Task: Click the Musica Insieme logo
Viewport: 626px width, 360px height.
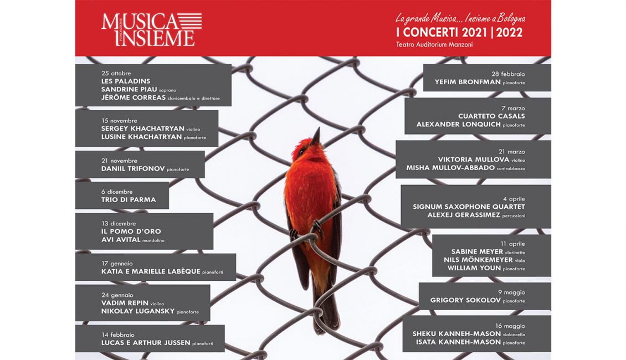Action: pyautogui.click(x=152, y=29)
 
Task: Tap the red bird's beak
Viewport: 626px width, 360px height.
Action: pyautogui.click(x=316, y=136)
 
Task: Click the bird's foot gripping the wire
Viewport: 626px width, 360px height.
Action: pyautogui.click(x=317, y=228)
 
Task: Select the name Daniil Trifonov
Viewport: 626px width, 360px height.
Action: pyautogui.click(x=133, y=169)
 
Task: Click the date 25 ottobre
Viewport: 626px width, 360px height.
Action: pyautogui.click(x=116, y=74)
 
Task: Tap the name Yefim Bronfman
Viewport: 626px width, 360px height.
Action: pyautogui.click(x=468, y=82)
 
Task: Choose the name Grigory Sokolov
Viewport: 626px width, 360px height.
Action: pyautogui.click(x=465, y=300)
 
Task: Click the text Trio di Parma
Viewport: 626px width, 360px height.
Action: pyautogui.click(x=129, y=199)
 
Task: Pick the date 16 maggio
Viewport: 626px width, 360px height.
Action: pyautogui.click(x=510, y=326)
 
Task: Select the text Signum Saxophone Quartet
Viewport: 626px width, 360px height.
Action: pyautogui.click(x=469, y=207)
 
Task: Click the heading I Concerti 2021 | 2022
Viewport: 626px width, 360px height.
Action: pyautogui.click(x=459, y=32)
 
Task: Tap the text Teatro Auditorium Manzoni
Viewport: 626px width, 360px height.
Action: pyautogui.click(x=434, y=45)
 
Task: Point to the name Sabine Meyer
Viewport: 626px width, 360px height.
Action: pyautogui.click(x=477, y=252)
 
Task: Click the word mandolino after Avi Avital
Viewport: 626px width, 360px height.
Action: pyautogui.click(x=153, y=241)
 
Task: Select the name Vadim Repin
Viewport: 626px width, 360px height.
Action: pyautogui.click(x=125, y=303)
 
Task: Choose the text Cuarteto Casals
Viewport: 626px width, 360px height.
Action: pyautogui.click(x=491, y=116)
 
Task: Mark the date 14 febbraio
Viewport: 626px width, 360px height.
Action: pyautogui.click(x=118, y=335)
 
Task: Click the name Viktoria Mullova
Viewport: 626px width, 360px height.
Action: pyautogui.click(x=474, y=160)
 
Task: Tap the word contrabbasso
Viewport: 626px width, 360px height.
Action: pyautogui.click(x=511, y=169)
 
